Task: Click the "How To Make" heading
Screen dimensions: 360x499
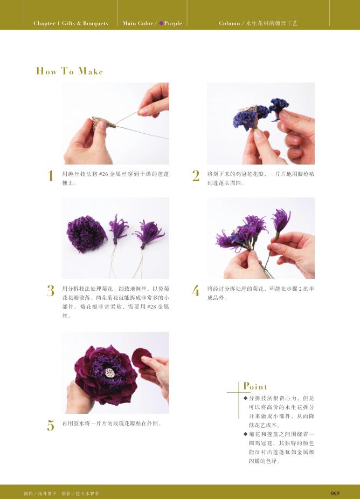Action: [70, 71]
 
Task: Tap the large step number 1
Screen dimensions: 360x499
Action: [51, 176]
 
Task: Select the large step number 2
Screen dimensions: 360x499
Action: [196, 176]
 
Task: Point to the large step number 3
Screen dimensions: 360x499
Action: [51, 291]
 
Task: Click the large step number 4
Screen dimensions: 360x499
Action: [196, 291]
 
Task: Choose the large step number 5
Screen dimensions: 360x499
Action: [51, 425]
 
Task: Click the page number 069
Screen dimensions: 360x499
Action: [335, 493]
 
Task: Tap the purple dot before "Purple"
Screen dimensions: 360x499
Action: [161, 23]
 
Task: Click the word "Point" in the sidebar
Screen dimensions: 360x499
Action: [255, 386]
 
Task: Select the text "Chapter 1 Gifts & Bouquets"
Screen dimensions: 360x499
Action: [71, 23]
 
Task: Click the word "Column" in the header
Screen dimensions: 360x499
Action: [229, 23]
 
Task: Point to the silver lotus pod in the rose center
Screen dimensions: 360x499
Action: [110, 373]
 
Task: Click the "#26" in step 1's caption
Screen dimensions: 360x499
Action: [103, 174]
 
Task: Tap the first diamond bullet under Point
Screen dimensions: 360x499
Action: [246, 398]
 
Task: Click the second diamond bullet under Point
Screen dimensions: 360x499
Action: [246, 434]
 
